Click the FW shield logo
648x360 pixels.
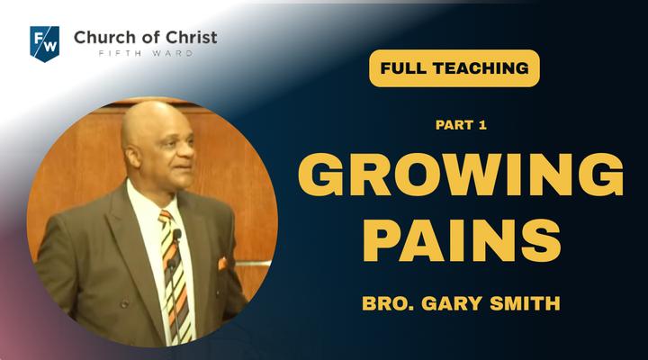45,43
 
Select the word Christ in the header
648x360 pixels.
191,37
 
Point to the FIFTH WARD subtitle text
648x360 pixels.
146,53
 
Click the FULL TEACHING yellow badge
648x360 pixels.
454,68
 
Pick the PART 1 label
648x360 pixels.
461,125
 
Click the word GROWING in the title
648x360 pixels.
461,175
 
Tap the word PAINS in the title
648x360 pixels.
461,240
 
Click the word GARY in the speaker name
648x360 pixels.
452,303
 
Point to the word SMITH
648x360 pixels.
525,303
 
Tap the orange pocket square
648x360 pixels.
222,264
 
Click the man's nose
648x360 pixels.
188,151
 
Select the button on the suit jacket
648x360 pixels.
124,304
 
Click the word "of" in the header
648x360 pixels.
149,38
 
